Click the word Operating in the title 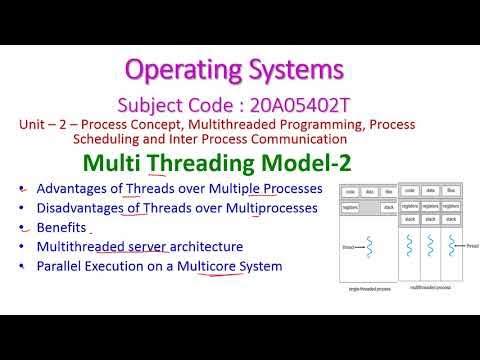point(187,69)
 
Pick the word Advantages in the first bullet point(72,189)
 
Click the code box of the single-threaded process point(349,190)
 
